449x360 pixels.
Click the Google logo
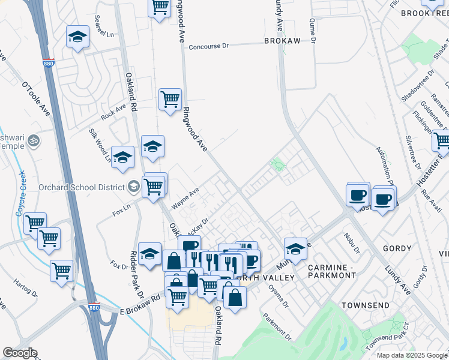(x=20, y=353)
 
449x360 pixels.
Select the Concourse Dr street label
(x=209, y=46)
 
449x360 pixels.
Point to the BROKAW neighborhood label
(x=282, y=41)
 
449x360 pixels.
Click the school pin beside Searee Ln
(x=77, y=37)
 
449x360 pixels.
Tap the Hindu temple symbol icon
(x=34, y=142)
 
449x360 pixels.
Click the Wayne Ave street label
(x=185, y=199)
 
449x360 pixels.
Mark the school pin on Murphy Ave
(x=295, y=248)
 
